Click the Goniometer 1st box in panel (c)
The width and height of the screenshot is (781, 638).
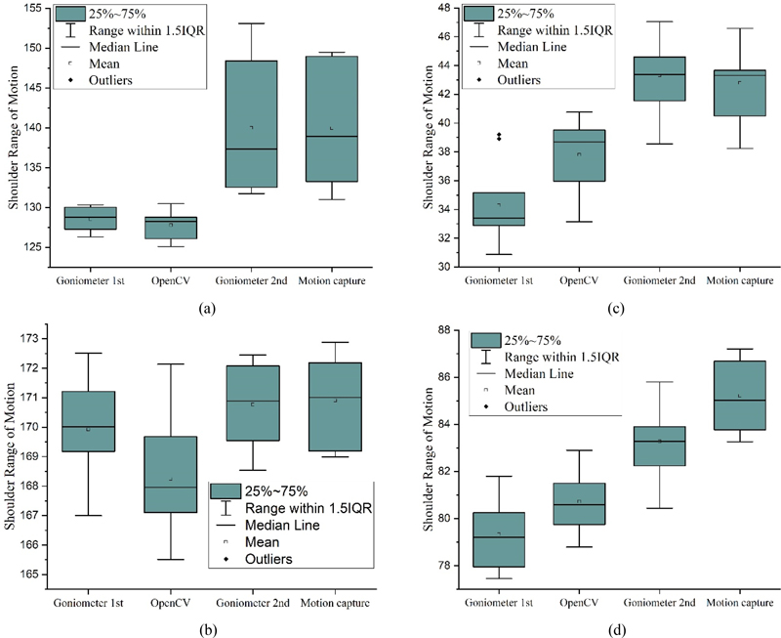(x=500, y=209)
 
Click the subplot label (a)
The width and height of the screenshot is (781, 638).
(x=206, y=308)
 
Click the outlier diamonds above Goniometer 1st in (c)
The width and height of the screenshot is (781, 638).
(x=500, y=137)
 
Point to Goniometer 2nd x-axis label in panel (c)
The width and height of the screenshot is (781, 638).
(x=660, y=282)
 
